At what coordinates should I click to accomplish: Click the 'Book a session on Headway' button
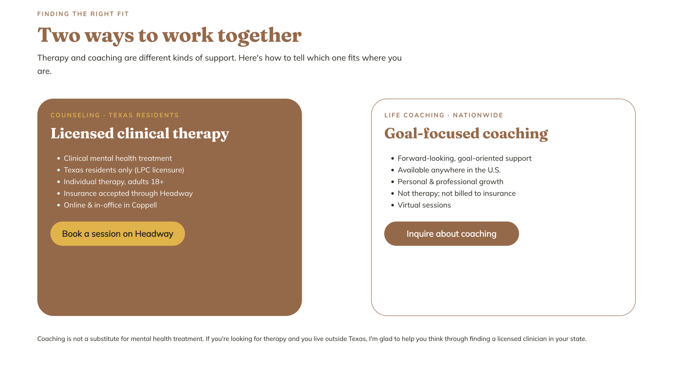118,234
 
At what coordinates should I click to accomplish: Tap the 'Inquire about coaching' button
451,234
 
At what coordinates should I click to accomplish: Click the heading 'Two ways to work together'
169,35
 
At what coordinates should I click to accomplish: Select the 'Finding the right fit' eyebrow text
83,14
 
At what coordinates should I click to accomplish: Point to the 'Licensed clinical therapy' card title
140,134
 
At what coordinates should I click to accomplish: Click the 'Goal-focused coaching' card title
466,134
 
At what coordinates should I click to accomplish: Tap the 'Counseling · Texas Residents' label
115,115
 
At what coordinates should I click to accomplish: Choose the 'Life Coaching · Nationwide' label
444,115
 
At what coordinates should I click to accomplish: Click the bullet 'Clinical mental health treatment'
118,158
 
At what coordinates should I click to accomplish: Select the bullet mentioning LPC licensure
124,170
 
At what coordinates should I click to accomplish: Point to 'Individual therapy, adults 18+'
114,182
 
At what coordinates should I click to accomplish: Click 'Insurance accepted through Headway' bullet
128,193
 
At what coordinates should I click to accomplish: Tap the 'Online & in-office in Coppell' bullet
110,205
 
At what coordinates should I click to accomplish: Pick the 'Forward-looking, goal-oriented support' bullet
464,158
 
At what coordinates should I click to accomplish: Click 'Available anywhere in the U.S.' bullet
449,170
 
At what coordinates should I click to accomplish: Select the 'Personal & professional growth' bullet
450,182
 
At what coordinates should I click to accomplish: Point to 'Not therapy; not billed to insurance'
457,193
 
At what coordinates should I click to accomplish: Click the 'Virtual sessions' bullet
424,205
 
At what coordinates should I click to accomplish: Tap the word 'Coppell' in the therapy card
144,205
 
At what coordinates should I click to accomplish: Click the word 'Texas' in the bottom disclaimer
357,339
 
